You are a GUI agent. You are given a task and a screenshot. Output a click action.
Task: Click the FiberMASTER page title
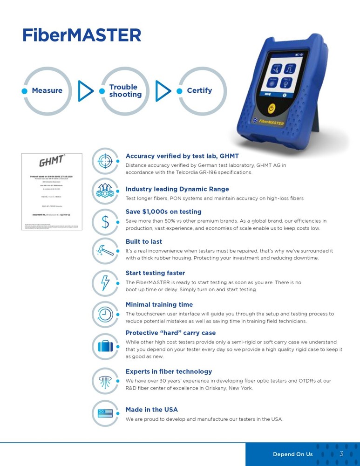pos(82,35)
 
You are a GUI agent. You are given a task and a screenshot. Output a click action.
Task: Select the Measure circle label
pos(47,90)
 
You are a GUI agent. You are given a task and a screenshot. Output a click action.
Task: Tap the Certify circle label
pos(199,90)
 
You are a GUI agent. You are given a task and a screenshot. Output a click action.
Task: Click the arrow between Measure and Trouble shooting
pos(85,91)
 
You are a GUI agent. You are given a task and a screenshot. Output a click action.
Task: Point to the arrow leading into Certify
pos(163,91)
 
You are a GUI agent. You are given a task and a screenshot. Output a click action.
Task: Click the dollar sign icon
pos(105,222)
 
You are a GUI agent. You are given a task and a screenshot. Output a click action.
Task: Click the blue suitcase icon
pos(105,346)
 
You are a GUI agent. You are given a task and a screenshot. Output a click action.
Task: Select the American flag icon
pos(105,413)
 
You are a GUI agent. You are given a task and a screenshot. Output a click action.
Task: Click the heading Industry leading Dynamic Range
pos(177,189)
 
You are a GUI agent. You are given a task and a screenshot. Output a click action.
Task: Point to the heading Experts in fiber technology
pos(169,371)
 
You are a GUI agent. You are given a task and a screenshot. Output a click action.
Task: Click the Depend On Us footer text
pos(292,454)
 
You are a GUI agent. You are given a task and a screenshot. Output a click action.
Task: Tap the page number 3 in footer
pos(341,454)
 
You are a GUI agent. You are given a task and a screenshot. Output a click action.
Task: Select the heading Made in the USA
pos(151,410)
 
